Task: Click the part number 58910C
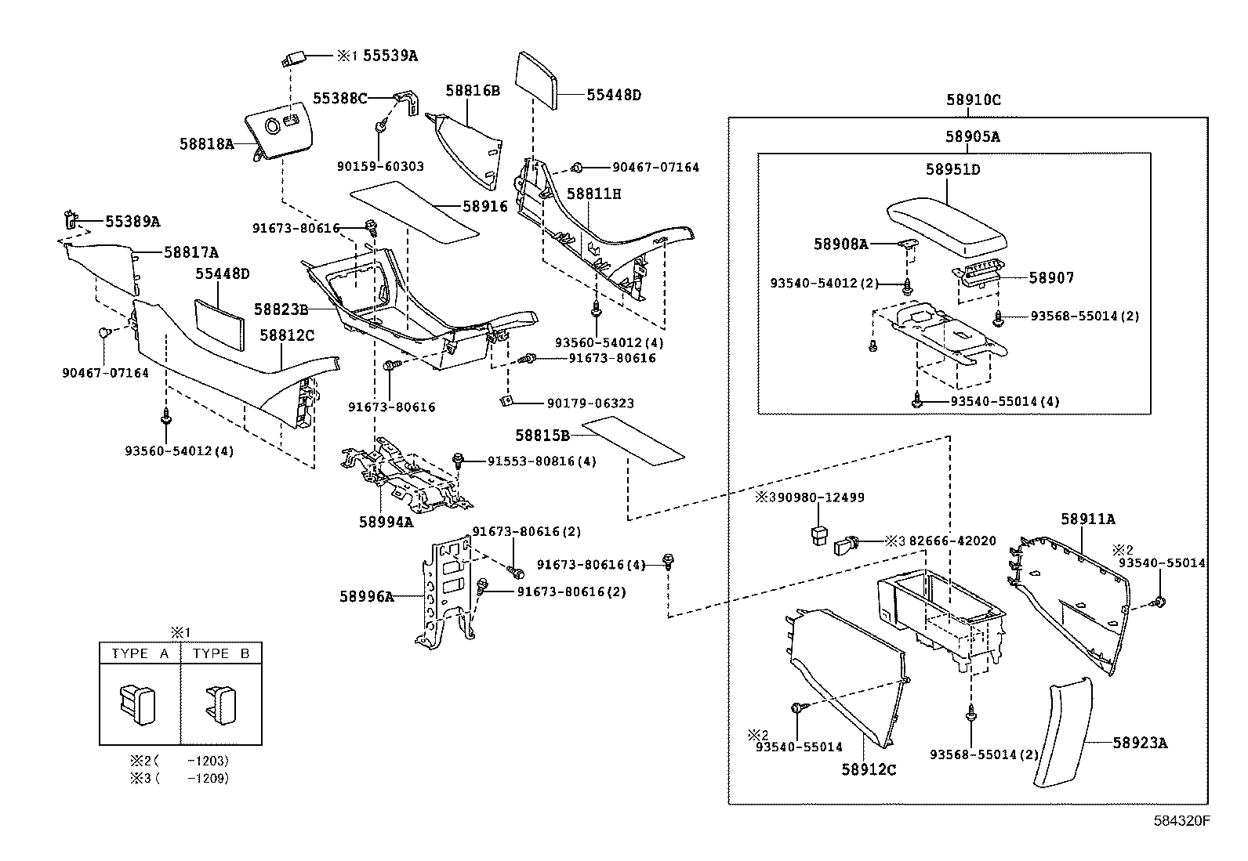coord(974,100)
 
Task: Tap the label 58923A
coord(1139,743)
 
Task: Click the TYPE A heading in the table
coord(140,653)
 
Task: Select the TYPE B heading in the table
coord(221,653)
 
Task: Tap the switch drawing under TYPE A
coord(138,701)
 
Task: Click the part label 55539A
coord(390,56)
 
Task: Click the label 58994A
coord(386,522)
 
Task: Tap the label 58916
coord(485,206)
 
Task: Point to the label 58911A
coord(1087,519)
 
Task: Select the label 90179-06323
coord(590,403)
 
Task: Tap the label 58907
coord(1051,277)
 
